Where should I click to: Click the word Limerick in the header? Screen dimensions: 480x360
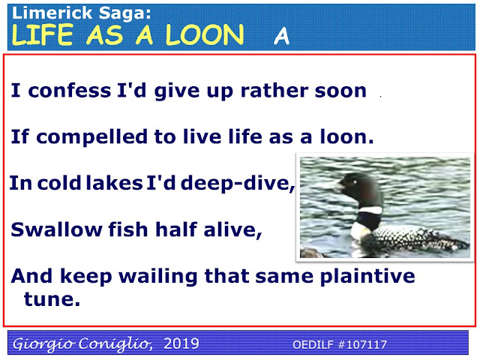point(52,13)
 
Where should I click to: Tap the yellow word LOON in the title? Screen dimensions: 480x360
point(205,35)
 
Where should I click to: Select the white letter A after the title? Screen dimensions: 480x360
point(282,36)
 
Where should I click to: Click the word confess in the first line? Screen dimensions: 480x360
point(70,91)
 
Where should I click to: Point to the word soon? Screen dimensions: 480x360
point(340,91)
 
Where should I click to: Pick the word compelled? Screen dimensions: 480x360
point(91,136)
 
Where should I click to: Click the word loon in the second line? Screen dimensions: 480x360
point(346,136)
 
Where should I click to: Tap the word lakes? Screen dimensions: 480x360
point(114,183)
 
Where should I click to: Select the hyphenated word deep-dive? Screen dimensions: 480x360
point(238,184)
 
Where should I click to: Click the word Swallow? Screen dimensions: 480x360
point(56,229)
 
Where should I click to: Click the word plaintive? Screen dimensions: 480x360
point(367,277)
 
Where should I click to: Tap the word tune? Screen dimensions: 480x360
point(52,299)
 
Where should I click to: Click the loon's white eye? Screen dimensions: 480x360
point(355,182)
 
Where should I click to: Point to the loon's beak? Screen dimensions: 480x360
point(339,186)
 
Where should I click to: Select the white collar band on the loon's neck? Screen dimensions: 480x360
point(370,210)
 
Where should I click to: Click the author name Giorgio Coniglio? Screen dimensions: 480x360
point(82,343)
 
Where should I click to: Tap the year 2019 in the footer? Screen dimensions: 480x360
point(181,343)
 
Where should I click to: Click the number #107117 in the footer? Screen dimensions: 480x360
point(362,345)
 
